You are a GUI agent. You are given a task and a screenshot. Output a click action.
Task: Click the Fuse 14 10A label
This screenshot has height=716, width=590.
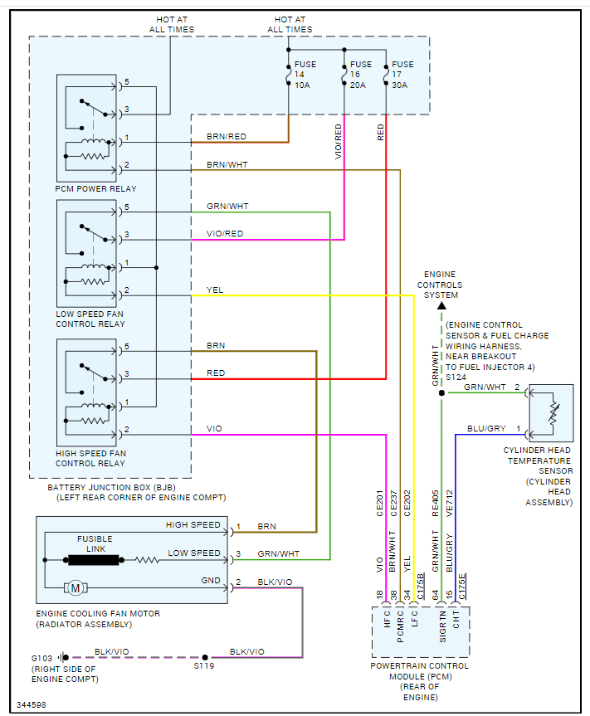pyautogui.click(x=305, y=74)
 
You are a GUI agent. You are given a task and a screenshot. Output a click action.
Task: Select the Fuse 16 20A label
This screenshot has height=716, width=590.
pyautogui.click(x=361, y=74)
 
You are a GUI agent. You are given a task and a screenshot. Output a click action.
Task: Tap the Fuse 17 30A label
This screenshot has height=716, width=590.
pyautogui.click(x=402, y=74)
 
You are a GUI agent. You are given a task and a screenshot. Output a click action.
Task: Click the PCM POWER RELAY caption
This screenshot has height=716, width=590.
pyautogui.click(x=96, y=188)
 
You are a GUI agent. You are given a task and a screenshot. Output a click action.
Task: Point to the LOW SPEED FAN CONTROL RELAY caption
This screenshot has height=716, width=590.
pyautogui.click(x=91, y=319)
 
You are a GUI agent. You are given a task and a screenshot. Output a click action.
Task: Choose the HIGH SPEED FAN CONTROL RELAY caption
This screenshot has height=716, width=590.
pyautogui.click(x=90, y=458)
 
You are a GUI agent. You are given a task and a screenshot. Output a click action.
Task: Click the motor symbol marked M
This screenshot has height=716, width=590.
pyautogui.click(x=75, y=588)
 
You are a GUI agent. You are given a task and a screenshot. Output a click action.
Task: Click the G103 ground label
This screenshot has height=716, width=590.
pyautogui.click(x=41, y=658)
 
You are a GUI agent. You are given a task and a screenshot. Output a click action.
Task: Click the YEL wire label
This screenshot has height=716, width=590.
pyautogui.click(x=215, y=290)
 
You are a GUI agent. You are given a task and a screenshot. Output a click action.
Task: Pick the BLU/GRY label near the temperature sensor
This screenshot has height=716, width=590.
pyautogui.click(x=486, y=429)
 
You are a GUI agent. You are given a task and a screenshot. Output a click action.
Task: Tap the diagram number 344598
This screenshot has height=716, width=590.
pyautogui.click(x=32, y=704)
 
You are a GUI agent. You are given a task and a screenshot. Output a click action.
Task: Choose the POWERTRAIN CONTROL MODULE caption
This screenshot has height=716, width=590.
pyautogui.click(x=420, y=675)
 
